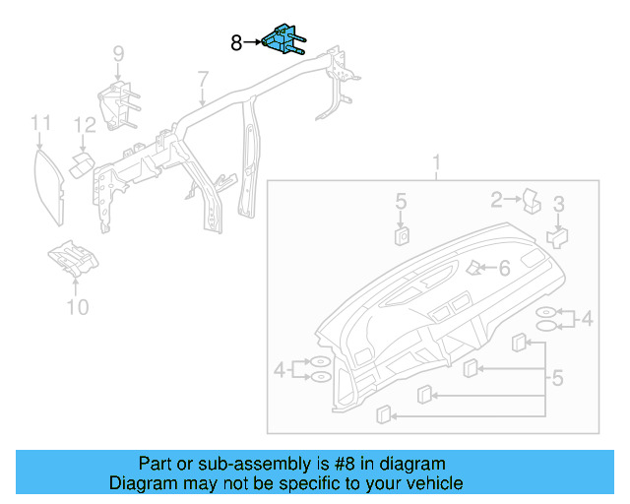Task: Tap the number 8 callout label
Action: click(236, 42)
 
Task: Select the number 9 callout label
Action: click(117, 53)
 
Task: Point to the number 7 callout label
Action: click(202, 78)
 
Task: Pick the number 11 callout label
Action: click(39, 123)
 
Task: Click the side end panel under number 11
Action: click(48, 181)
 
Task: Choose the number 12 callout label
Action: click(86, 125)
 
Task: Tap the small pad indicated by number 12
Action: click(83, 158)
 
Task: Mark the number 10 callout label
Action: click(77, 307)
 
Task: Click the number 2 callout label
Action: click(497, 201)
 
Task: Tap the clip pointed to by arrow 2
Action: click(532, 200)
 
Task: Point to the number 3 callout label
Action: click(558, 205)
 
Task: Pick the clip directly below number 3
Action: click(557, 236)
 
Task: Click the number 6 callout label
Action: click(504, 268)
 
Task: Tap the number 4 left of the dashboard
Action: click(280, 370)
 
